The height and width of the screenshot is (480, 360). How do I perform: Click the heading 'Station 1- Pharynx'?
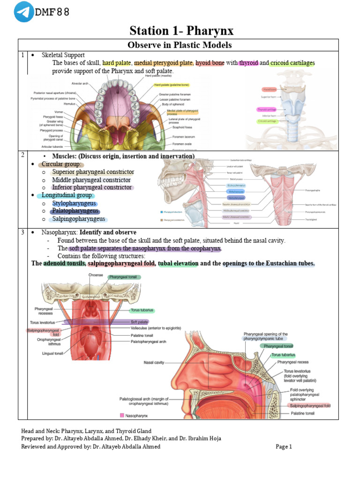(x=181, y=31)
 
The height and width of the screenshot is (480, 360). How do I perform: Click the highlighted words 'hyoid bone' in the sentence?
(x=210, y=63)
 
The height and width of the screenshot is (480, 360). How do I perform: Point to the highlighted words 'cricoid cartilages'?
(x=292, y=63)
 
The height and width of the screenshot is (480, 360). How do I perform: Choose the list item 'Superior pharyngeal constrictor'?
(x=93, y=172)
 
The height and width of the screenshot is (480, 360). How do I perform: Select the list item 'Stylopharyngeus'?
(x=75, y=203)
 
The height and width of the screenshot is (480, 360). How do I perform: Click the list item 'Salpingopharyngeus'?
(x=78, y=218)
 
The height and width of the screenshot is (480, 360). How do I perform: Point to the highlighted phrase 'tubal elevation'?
(x=178, y=263)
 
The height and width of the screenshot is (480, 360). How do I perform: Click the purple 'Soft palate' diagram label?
(x=140, y=322)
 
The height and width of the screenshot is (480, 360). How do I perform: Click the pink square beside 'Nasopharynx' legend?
(x=122, y=415)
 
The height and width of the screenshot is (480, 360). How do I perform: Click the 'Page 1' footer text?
(x=284, y=447)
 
